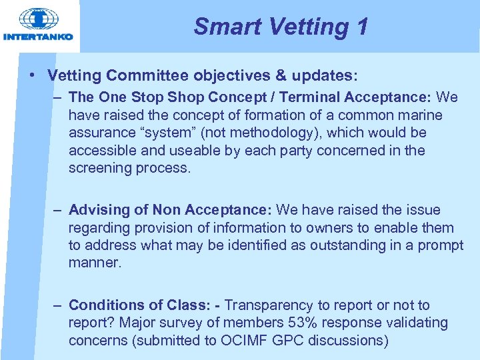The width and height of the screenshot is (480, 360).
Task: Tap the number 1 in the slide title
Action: tap(361, 27)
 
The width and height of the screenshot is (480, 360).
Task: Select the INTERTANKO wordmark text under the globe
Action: tap(38, 37)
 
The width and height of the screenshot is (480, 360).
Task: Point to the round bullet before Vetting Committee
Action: tap(33, 75)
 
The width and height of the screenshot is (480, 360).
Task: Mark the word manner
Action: tap(95, 262)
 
